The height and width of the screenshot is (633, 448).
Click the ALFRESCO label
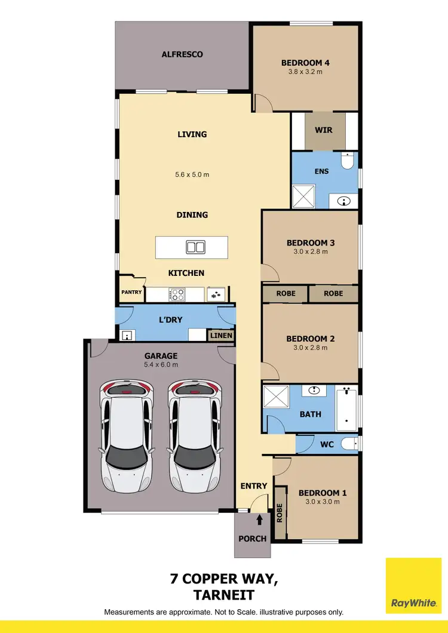tap(182, 54)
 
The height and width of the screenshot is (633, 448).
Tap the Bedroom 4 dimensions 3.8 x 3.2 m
tap(305, 72)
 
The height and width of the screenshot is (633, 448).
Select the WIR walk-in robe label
tap(323, 130)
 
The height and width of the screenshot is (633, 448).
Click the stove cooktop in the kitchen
tap(178, 294)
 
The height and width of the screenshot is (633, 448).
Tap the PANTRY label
tap(131, 293)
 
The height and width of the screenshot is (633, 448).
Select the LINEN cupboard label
tap(220, 336)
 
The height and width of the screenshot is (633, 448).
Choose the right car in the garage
tap(195, 436)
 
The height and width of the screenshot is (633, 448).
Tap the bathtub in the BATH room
tap(347, 410)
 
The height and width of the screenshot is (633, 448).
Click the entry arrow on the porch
tap(259, 520)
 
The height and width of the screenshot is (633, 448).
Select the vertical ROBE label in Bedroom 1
tap(279, 514)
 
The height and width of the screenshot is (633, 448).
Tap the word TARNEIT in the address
tap(223, 595)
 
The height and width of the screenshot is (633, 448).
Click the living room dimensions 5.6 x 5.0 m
tap(192, 175)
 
